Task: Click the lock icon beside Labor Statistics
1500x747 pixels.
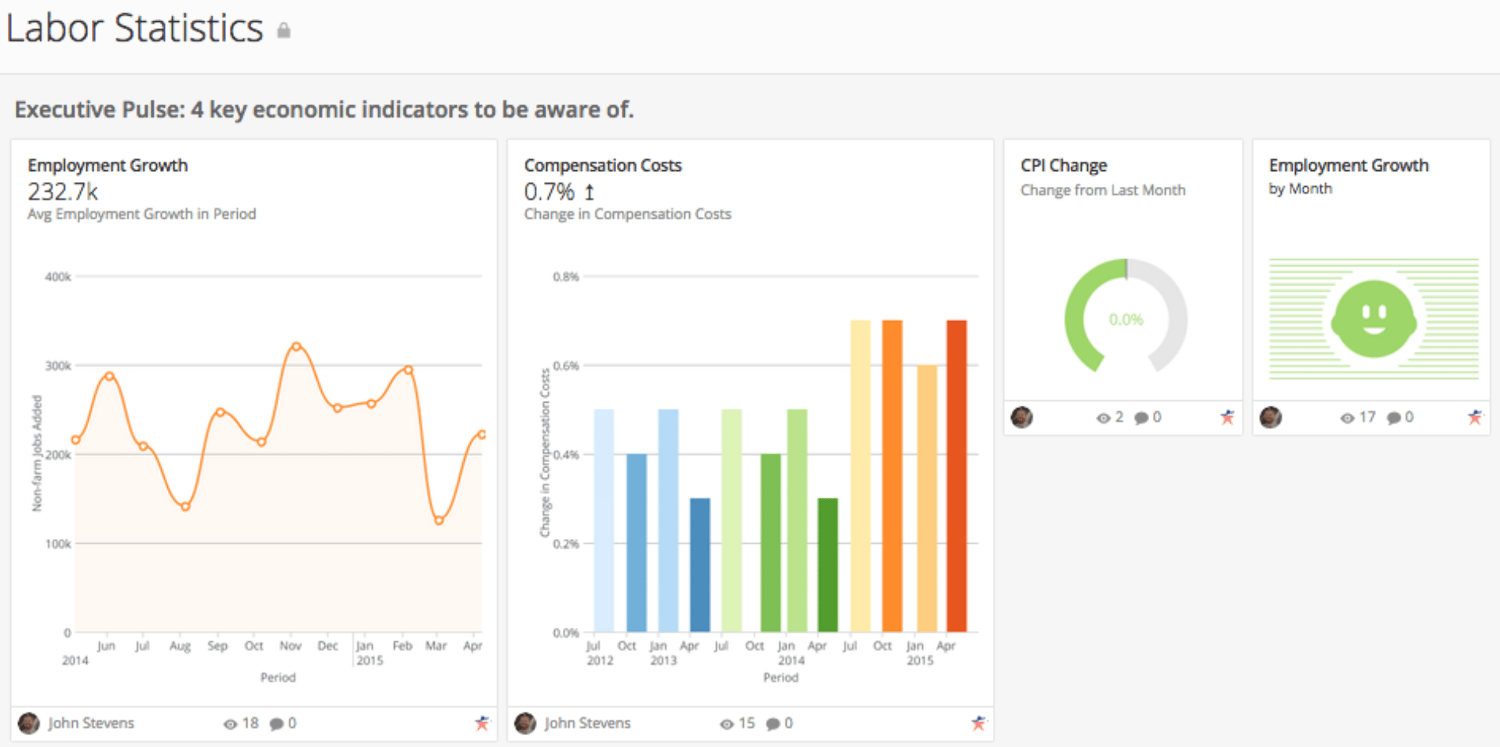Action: [284, 30]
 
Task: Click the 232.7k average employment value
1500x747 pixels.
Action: [63, 191]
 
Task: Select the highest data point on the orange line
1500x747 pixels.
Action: [296, 346]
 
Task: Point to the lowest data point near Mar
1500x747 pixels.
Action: [439, 520]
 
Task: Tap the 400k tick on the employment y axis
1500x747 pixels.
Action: [58, 277]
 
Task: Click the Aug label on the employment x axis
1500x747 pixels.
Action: [180, 646]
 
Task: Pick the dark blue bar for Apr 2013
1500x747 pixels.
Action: [700, 565]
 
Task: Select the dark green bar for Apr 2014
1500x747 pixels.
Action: [827, 565]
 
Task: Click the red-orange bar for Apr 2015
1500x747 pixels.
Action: [956, 476]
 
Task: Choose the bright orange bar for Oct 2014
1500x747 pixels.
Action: [892, 476]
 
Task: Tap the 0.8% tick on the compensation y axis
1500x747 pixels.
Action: [565, 277]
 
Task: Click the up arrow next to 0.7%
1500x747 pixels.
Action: [589, 191]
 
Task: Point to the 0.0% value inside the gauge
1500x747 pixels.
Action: [1126, 319]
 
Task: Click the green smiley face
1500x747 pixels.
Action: [1374, 319]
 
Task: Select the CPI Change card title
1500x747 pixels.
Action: [1064, 166]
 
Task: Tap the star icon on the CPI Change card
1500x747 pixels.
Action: [1227, 417]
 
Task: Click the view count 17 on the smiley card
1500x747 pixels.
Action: [1367, 417]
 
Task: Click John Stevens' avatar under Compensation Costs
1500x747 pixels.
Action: [525, 723]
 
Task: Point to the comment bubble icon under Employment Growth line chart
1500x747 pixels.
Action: [276, 724]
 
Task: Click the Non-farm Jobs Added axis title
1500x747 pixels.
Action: [37, 454]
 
